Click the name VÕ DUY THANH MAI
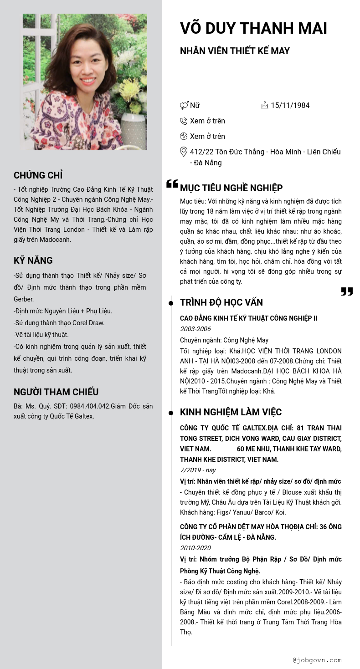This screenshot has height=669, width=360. pyautogui.click(x=253, y=28)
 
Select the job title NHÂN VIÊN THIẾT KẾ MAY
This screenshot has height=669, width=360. pyautogui.click(x=235, y=51)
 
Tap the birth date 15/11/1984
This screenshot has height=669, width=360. pyautogui.click(x=290, y=106)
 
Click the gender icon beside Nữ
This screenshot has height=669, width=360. pyautogui.click(x=184, y=106)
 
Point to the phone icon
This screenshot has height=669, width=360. pyautogui.click(x=184, y=121)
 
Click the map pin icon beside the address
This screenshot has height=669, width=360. pyautogui.click(x=184, y=152)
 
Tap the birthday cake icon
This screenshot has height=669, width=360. pyautogui.click(x=265, y=105)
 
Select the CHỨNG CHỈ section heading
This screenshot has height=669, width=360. pyautogui.click(x=38, y=175)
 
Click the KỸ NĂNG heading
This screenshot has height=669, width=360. pyautogui.click(x=33, y=260)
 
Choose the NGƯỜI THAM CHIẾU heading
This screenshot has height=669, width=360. pyautogui.click(x=56, y=392)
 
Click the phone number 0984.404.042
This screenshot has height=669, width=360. pyautogui.click(x=90, y=406)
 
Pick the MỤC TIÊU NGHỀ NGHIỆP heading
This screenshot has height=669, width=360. pyautogui.click(x=231, y=188)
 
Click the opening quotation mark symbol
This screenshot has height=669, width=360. pyautogui.click(x=172, y=184)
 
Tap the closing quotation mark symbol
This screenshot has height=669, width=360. pyautogui.click(x=347, y=291)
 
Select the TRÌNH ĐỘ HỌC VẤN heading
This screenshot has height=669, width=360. pyautogui.click(x=221, y=302)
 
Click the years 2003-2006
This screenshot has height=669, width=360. pyautogui.click(x=195, y=329)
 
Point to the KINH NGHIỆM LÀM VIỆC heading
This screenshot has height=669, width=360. pyautogui.click(x=231, y=412)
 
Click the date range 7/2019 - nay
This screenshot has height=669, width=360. pyautogui.click(x=198, y=470)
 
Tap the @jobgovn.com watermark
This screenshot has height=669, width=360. pyautogui.click(x=317, y=660)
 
